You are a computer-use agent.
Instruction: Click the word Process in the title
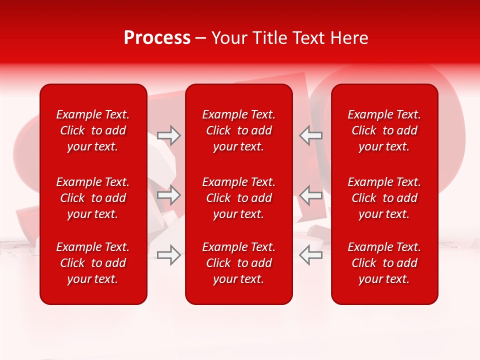click(x=157, y=38)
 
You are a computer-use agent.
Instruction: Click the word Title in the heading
click(x=270, y=38)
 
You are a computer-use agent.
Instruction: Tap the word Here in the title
click(x=350, y=38)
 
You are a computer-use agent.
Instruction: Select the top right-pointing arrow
click(x=169, y=135)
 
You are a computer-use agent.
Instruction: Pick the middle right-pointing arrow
click(x=169, y=195)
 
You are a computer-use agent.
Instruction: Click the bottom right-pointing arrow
click(x=169, y=255)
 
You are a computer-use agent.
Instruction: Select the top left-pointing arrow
click(x=310, y=135)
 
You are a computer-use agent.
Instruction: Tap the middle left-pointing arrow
click(x=310, y=195)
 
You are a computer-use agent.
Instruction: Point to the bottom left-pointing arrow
click(x=310, y=255)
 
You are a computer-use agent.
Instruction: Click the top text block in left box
click(x=92, y=130)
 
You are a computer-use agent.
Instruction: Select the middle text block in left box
click(x=92, y=198)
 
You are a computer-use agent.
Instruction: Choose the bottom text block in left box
click(x=92, y=263)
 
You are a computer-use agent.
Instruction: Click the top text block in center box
click(x=238, y=130)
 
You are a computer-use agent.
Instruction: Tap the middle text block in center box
click(x=238, y=198)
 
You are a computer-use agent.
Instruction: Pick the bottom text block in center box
click(x=238, y=263)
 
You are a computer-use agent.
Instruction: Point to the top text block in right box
click(x=384, y=130)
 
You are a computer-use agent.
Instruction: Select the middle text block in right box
click(x=384, y=198)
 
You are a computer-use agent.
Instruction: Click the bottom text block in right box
click(x=384, y=263)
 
